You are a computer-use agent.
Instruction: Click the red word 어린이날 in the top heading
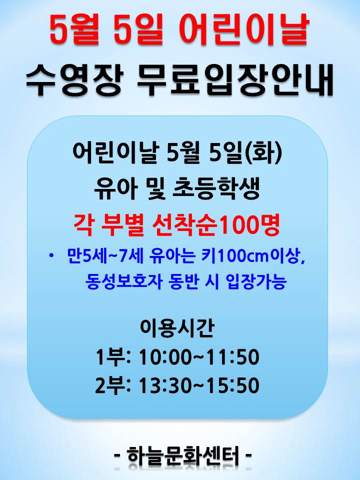click(x=243, y=29)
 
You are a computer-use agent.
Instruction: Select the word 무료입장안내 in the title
click(x=234, y=80)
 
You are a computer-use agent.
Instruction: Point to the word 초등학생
click(x=216, y=188)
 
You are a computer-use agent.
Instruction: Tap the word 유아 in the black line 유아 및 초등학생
click(x=114, y=188)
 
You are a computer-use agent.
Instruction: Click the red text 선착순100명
click(x=216, y=225)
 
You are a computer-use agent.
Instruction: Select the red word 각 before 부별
click(x=83, y=225)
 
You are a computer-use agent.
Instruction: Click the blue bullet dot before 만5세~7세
click(x=51, y=255)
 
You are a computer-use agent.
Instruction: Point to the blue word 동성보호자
click(x=123, y=281)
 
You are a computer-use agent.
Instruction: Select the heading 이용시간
click(x=176, y=327)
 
